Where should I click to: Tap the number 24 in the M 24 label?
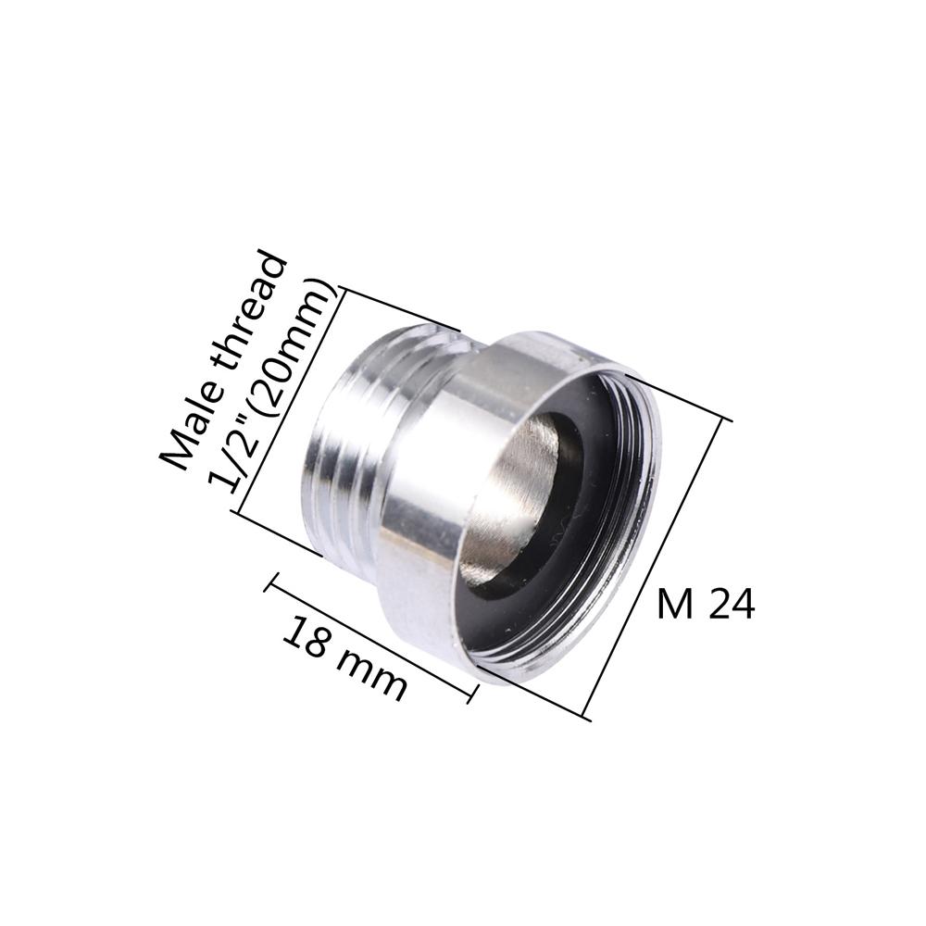pyautogui.click(x=732, y=605)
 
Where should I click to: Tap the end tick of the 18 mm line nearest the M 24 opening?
pyautogui.click(x=473, y=693)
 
